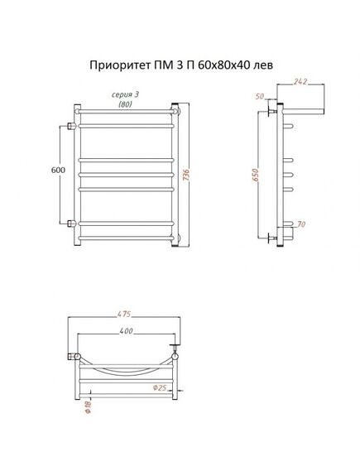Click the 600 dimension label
pos(58,170)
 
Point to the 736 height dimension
pos(186,175)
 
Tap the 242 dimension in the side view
pos(300,81)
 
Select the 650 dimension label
pos(255,175)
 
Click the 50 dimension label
pos(260,96)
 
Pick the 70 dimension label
pos(301,224)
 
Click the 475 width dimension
pos(124,314)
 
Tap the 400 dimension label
pos(126,331)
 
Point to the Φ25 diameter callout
pos(160,387)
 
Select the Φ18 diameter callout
pos(89,407)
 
